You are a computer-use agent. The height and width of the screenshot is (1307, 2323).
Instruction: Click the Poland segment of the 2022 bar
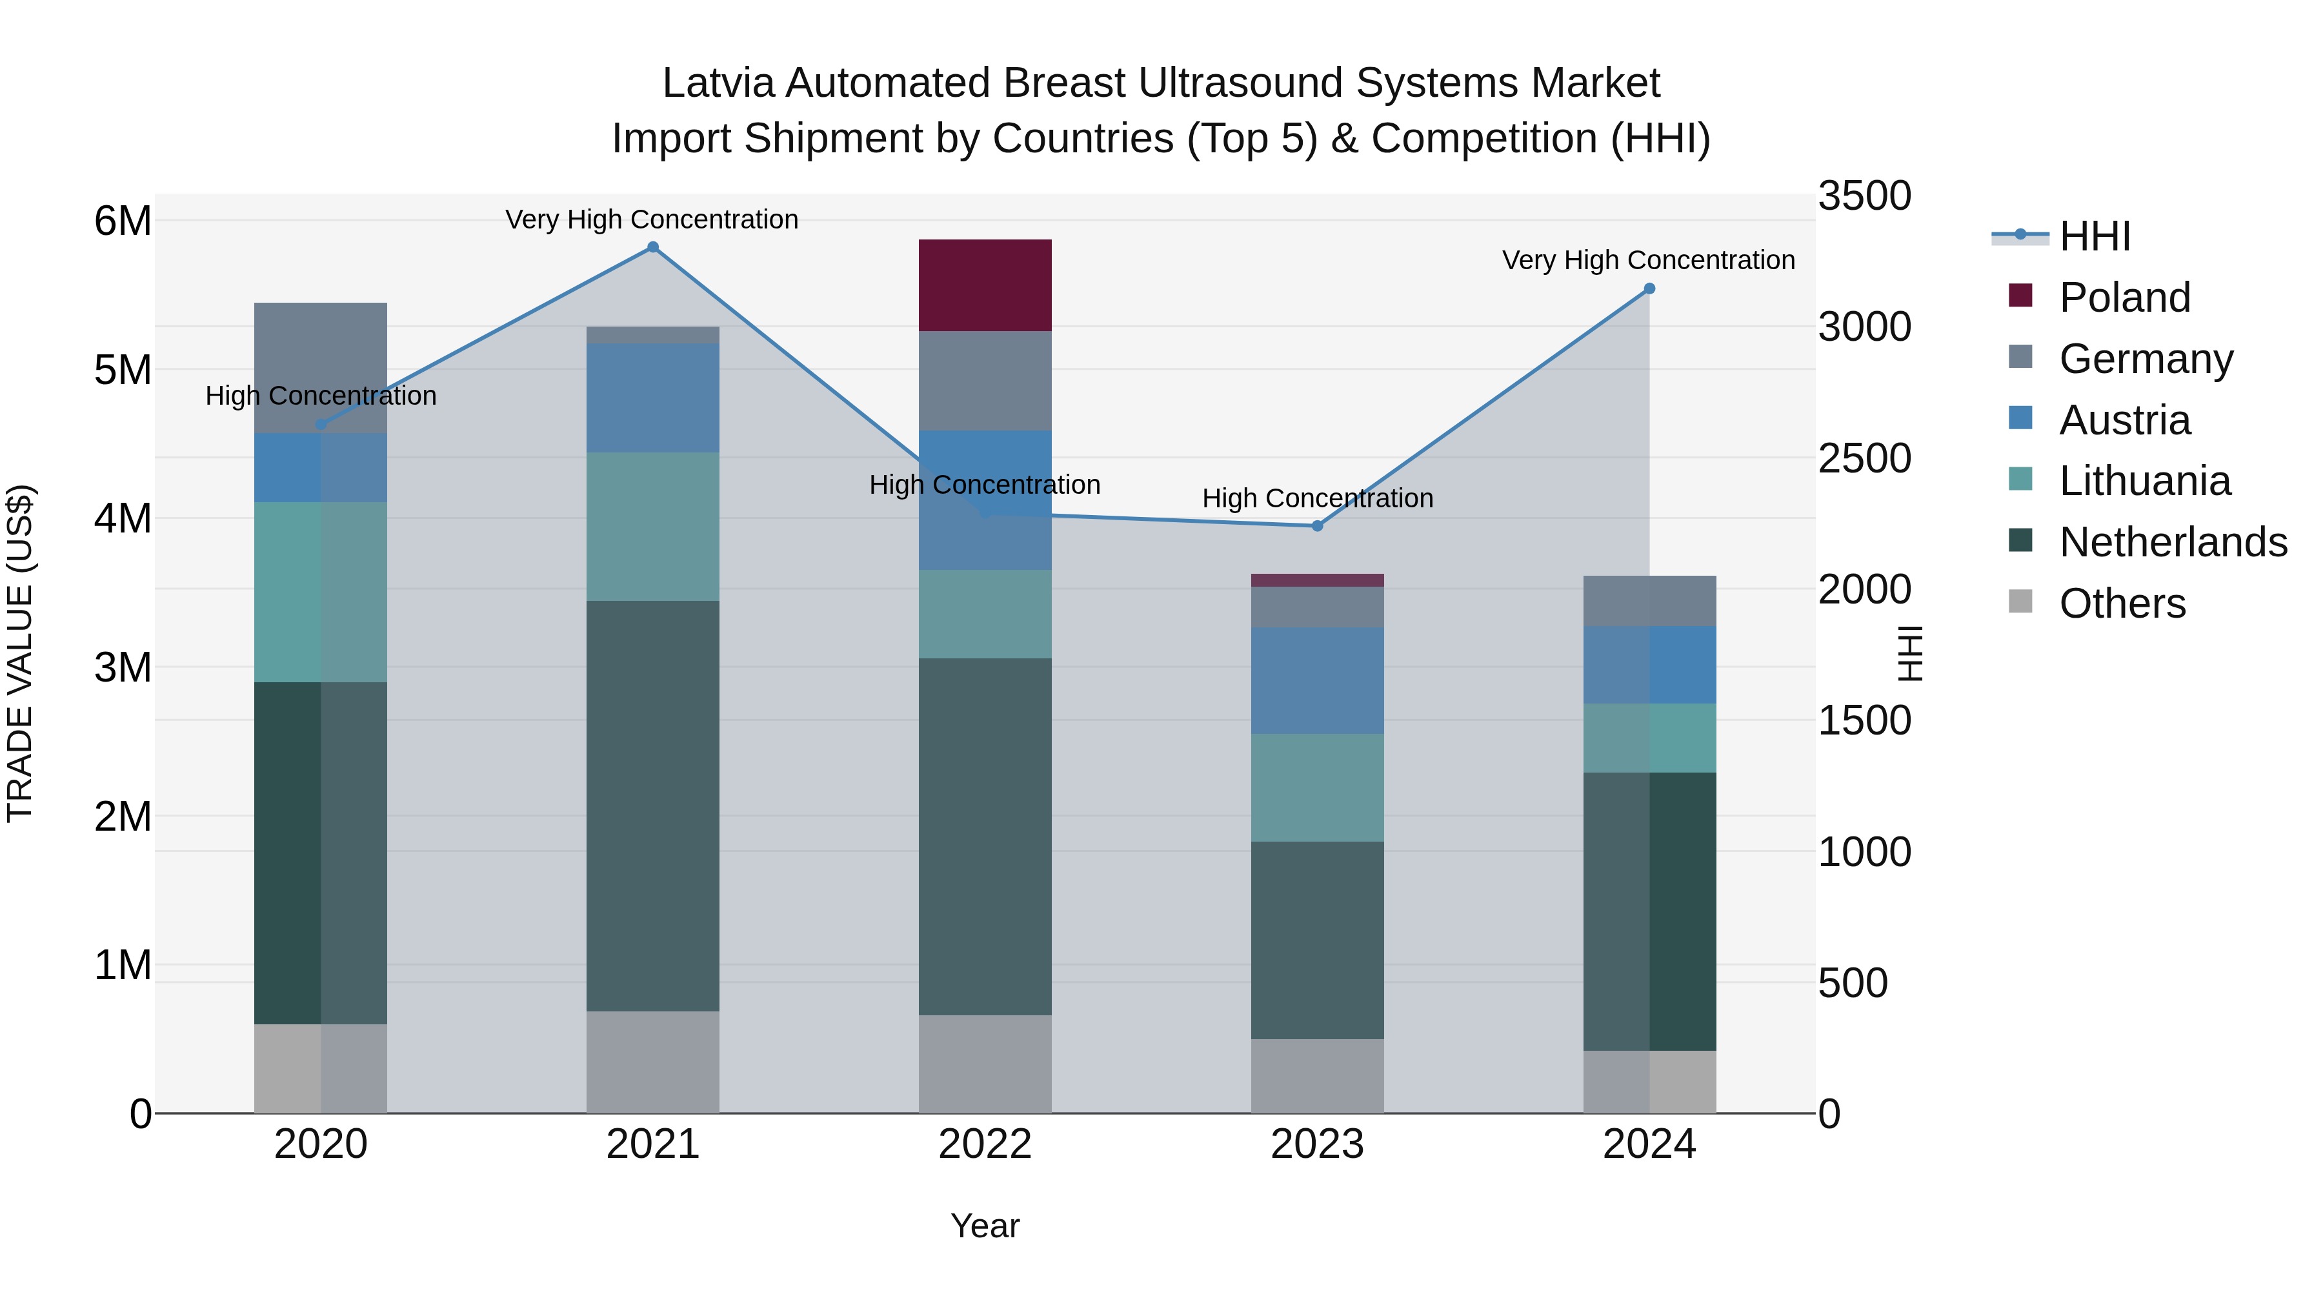coord(985,285)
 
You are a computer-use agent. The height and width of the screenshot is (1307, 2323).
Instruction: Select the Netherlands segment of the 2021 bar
coord(653,805)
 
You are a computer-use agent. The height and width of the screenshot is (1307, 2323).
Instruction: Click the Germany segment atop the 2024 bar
coord(1649,601)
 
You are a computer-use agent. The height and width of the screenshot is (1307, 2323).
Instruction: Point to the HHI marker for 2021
coord(653,247)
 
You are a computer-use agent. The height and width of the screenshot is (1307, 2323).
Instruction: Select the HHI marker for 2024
coord(1649,289)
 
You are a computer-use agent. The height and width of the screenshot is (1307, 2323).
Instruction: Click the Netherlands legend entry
coord(2173,543)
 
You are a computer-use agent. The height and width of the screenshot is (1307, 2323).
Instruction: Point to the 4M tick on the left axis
coord(123,519)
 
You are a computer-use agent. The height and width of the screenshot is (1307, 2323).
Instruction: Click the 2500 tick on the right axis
coord(1864,458)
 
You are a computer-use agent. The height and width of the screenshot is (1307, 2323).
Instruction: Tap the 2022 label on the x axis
coord(985,1144)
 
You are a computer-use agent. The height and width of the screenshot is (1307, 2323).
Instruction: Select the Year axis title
coord(985,1226)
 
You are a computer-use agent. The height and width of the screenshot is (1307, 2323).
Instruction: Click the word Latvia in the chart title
coord(719,84)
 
